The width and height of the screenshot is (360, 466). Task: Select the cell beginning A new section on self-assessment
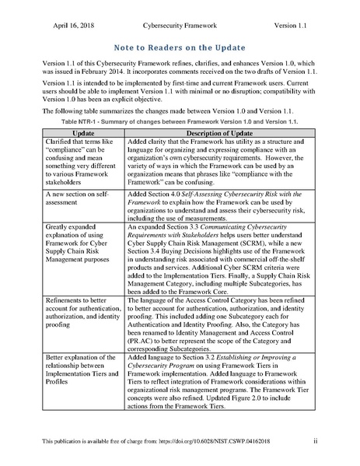tap(77, 196)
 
